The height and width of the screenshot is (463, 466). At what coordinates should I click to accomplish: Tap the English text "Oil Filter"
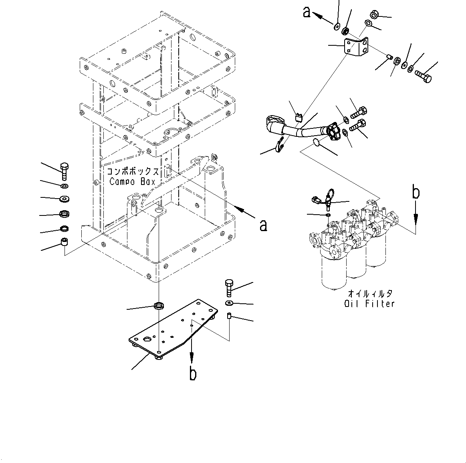pyautogui.click(x=369, y=304)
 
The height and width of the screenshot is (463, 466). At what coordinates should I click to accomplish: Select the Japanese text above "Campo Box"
pyautogui.click(x=133, y=171)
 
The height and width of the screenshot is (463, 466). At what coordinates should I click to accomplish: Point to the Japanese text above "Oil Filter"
pyautogui.click(x=370, y=294)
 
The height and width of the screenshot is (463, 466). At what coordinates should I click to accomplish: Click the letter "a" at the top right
pyautogui.click(x=307, y=13)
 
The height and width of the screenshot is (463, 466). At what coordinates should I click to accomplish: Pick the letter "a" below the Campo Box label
pyautogui.click(x=263, y=225)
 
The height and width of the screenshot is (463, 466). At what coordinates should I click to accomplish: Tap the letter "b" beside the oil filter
pyautogui.click(x=416, y=193)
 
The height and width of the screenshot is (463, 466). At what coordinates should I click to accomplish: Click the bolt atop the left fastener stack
pyautogui.click(x=64, y=171)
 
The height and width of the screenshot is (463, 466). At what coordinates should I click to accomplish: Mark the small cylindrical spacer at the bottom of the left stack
pyautogui.click(x=64, y=242)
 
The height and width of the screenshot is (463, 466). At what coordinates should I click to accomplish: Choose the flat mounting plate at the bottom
pyautogui.click(x=172, y=329)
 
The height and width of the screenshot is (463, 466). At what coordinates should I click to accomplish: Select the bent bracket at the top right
pyautogui.click(x=356, y=47)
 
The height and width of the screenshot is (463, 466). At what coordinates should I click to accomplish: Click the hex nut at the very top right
pyautogui.click(x=375, y=15)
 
